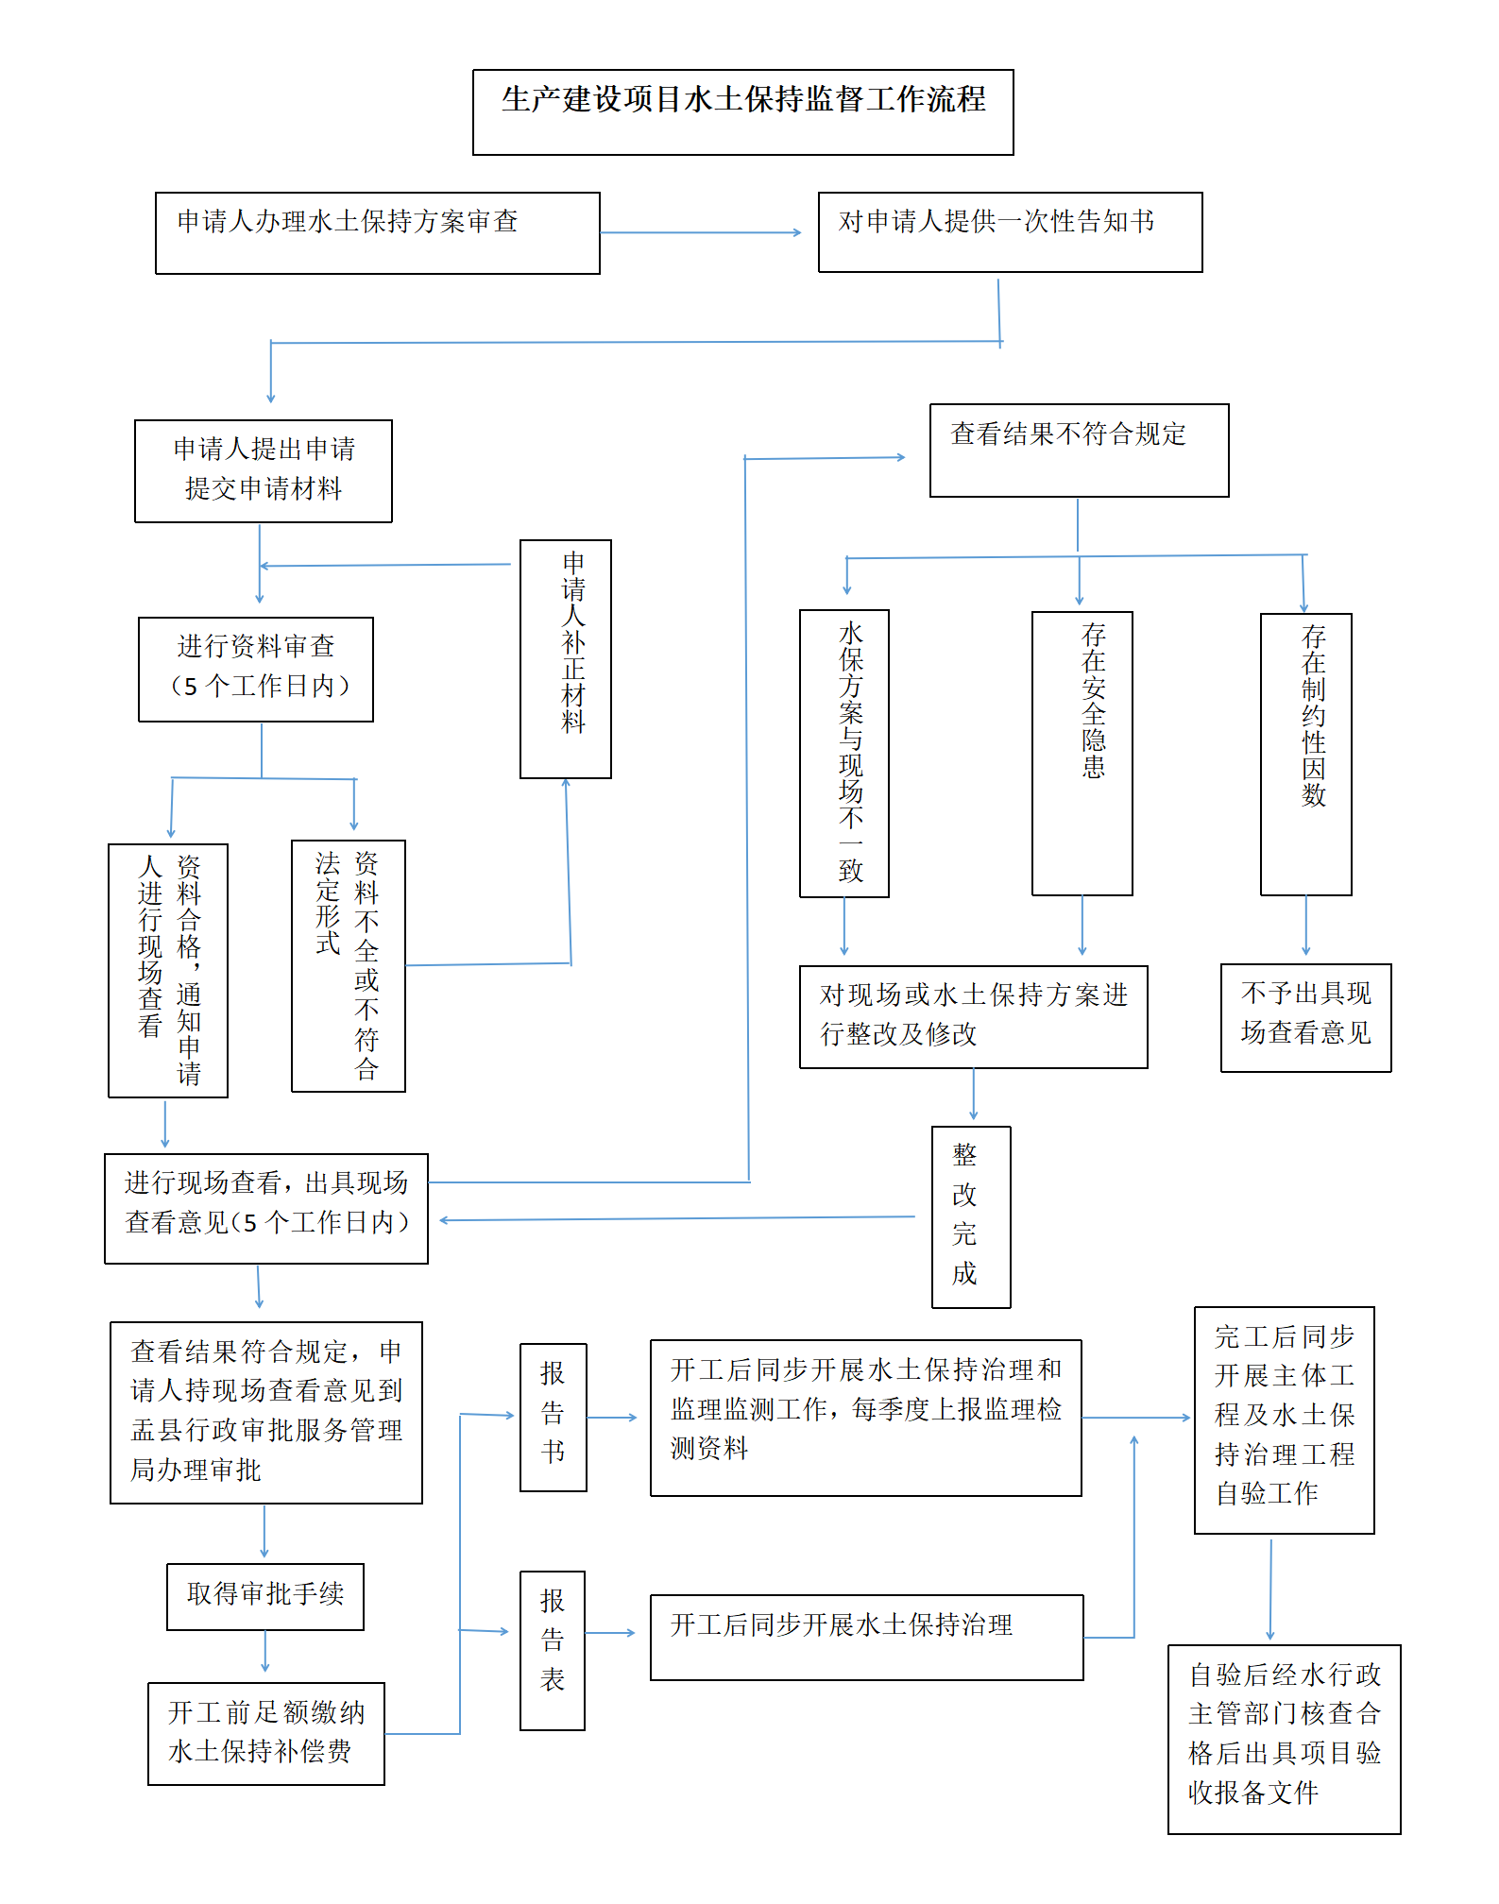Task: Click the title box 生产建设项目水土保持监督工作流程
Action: (x=742, y=111)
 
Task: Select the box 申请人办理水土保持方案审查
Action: (x=377, y=233)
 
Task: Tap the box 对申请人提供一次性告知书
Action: (x=1010, y=232)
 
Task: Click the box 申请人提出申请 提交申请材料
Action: (x=264, y=470)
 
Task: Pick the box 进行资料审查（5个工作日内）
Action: (x=256, y=669)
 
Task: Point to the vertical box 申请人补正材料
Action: (x=566, y=658)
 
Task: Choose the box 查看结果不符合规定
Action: (x=1079, y=450)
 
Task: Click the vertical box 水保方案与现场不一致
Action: (x=843, y=753)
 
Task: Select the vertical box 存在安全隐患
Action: (x=1082, y=753)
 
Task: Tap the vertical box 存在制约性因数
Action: (x=1305, y=754)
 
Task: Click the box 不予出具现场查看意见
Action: (x=1305, y=1017)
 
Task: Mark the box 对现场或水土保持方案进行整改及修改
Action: (x=973, y=1016)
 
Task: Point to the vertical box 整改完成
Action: (x=971, y=1216)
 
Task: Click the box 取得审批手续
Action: (x=265, y=1596)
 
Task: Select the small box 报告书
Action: (x=554, y=1417)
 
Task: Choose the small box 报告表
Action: (x=553, y=1650)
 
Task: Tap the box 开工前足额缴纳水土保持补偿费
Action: (x=266, y=1733)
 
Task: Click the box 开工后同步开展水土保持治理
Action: (x=866, y=1637)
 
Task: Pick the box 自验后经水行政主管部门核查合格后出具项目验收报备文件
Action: (x=1284, y=1739)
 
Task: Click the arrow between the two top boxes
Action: (x=700, y=232)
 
